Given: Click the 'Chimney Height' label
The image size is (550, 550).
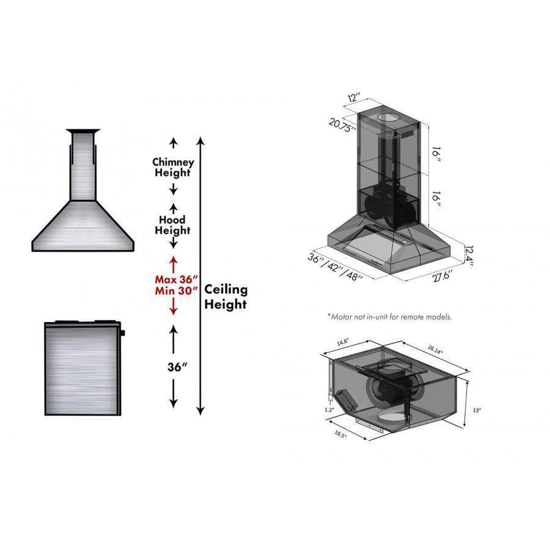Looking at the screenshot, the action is (x=173, y=167).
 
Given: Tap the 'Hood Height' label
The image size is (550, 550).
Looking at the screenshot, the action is (x=172, y=225).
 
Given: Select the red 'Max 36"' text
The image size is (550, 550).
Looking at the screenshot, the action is (x=177, y=279).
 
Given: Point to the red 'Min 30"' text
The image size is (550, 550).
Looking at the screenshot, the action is (x=177, y=291).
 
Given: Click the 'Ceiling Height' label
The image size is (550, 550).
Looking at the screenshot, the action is (x=226, y=297).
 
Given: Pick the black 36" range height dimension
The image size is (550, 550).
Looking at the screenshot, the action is (x=177, y=367).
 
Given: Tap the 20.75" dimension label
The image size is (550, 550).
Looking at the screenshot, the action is (x=343, y=125).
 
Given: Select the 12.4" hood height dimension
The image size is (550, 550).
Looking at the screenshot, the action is (x=469, y=255).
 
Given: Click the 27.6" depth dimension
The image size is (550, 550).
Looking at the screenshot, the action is (x=442, y=276).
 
